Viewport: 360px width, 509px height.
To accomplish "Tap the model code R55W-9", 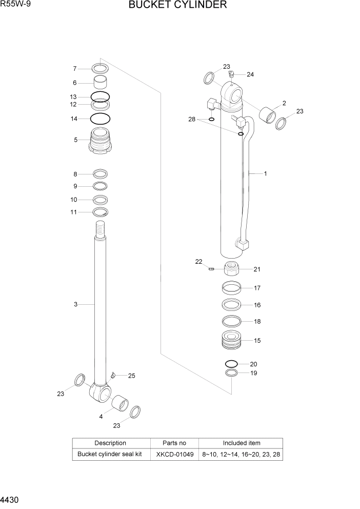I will coord(15,5).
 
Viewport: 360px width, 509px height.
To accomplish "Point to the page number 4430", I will coord(11,500).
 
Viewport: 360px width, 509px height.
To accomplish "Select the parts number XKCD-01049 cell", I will coord(174,455).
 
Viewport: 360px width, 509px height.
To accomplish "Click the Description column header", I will coord(110,443).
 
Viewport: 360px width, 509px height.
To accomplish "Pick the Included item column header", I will coord(241,443).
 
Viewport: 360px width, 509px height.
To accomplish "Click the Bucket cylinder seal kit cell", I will coord(110,455).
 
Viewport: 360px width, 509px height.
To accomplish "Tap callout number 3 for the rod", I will coord(75,305).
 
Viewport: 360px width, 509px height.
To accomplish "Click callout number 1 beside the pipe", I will coord(265,174).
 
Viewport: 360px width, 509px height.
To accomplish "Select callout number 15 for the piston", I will coord(257,340).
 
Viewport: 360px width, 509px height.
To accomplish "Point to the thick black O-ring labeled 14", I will coord(101,119).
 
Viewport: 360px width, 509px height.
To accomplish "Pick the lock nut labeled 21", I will coord(232,269).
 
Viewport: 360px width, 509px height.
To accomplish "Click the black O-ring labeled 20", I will coord(231,364).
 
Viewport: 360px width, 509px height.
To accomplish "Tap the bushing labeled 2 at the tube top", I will coord(269,115).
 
